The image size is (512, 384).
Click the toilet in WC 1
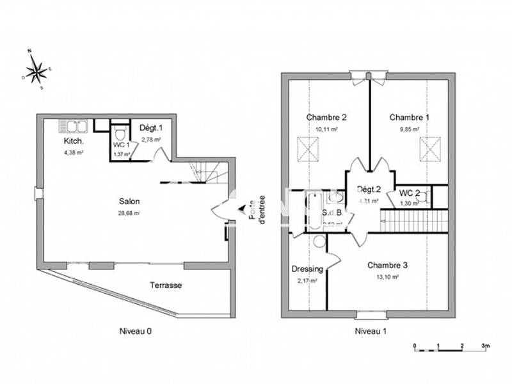[x=120, y=134]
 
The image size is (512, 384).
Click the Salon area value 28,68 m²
[x=129, y=213]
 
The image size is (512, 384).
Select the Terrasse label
[x=166, y=285]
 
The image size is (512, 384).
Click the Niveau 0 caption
[x=135, y=331]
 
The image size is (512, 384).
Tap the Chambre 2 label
[x=326, y=117]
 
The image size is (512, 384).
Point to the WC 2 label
[x=409, y=193]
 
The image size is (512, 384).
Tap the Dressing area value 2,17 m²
[x=307, y=280]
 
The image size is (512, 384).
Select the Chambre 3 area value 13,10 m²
[x=387, y=277]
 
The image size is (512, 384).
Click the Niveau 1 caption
[x=371, y=331]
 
